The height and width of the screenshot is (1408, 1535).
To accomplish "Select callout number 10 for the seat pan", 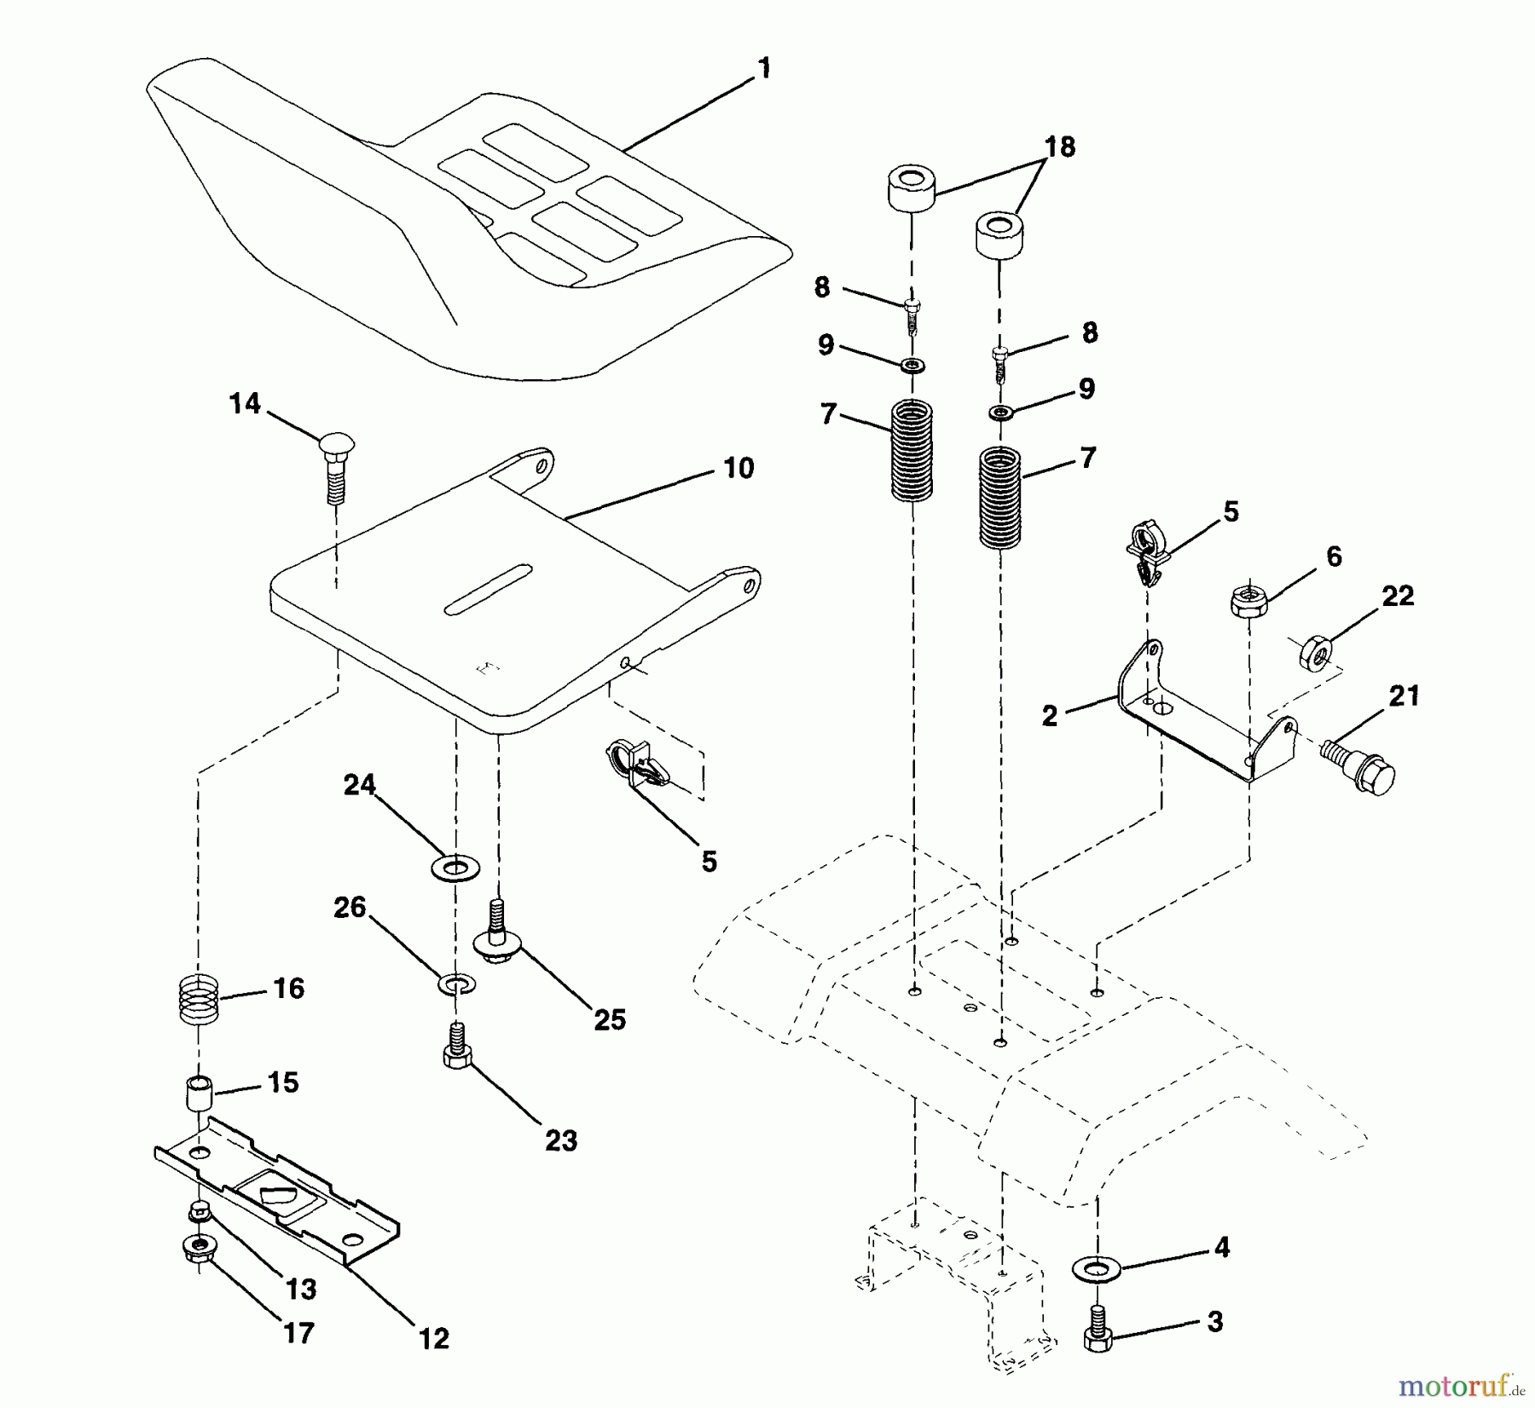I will pos(739,468).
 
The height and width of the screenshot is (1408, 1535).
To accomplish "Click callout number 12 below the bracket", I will pos(433,1339).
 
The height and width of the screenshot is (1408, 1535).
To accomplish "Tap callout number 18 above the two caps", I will pos(1060,147).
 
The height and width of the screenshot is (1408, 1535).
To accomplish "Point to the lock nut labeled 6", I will pos(1248,601).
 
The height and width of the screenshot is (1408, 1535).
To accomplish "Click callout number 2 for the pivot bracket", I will pos(1049,716).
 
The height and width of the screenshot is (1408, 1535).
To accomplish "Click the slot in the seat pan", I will pos(488,588).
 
